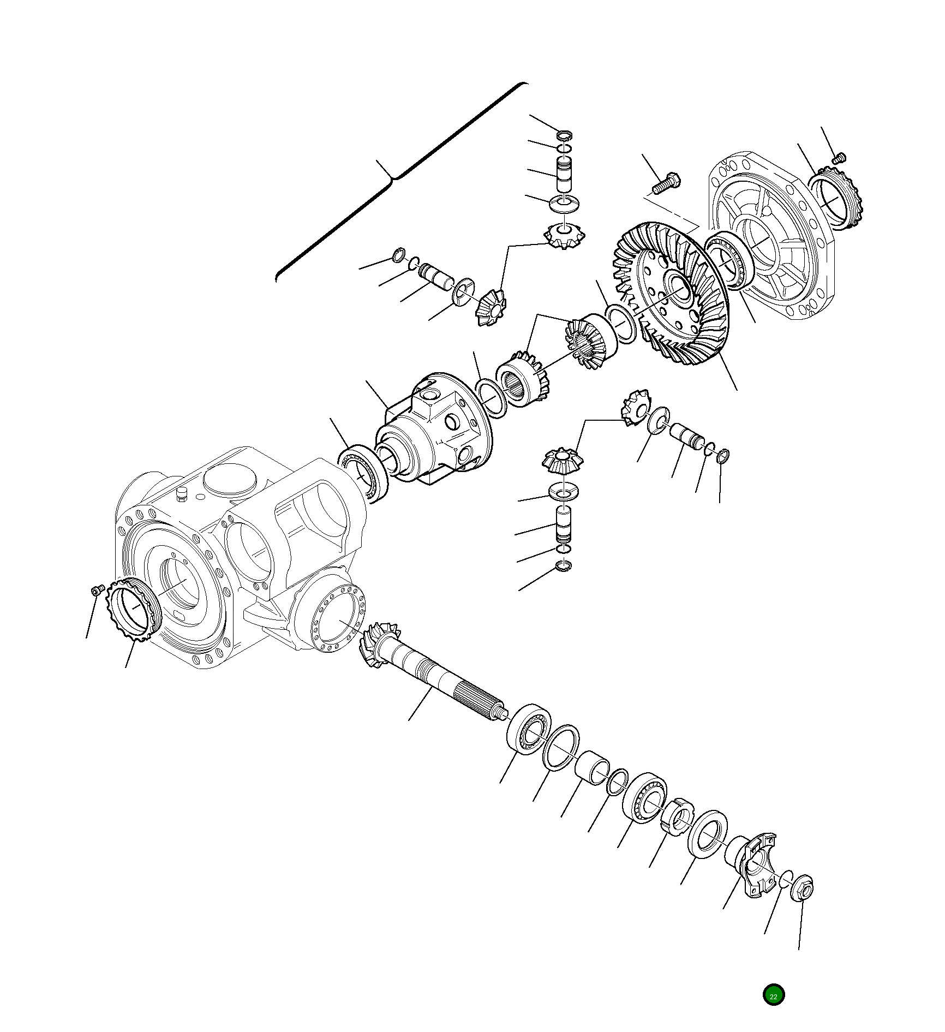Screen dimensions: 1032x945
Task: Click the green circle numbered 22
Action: click(773, 994)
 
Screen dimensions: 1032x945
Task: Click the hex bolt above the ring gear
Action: click(666, 183)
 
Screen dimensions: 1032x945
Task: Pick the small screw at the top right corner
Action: click(839, 158)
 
